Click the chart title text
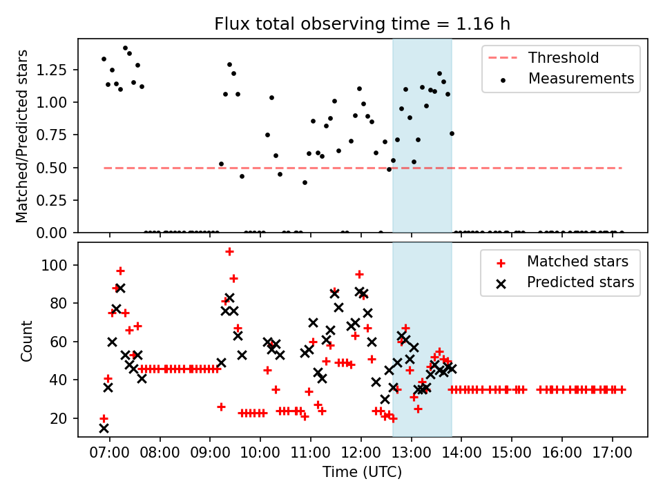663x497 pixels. coord(362,23)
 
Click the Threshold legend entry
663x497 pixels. coord(544,57)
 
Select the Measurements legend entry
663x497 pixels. coord(568,79)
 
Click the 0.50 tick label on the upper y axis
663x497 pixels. coord(51,168)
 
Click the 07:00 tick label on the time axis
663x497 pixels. coord(110,453)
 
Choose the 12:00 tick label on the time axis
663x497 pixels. coord(361,453)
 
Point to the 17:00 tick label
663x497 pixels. coord(613,453)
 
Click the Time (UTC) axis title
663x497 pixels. coord(362,472)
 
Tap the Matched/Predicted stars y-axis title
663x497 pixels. coord(21,136)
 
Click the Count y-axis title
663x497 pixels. coord(26,340)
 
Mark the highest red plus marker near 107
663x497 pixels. coord(229,252)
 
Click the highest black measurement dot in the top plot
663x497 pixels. coord(125,48)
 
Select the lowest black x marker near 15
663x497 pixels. coord(104,429)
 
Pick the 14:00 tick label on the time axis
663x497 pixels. coord(461,453)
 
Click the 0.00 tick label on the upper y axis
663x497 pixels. coord(51,233)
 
